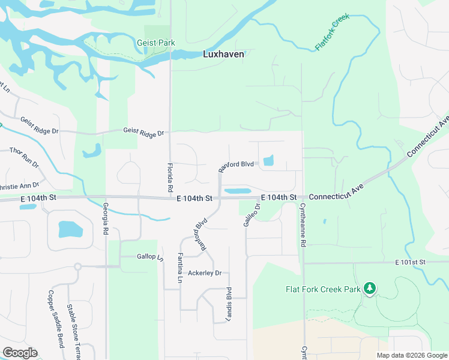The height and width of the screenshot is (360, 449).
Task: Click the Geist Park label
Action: (155, 43)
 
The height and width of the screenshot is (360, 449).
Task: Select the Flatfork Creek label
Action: (332, 32)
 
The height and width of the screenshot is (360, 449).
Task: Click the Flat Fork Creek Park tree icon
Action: (370, 289)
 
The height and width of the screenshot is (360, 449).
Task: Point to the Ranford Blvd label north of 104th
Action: (236, 165)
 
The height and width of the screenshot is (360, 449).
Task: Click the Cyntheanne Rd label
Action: (303, 224)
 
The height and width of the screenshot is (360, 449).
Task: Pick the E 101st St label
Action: (410, 262)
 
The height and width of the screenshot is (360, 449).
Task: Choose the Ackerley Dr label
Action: (205, 273)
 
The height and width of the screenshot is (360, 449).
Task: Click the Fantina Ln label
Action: (179, 267)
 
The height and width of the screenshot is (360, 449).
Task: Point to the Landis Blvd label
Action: (229, 305)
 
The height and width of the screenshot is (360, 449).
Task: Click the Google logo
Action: (20, 353)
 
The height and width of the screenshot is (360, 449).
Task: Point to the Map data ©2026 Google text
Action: (411, 355)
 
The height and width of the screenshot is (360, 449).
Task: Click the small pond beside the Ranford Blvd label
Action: (268, 160)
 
